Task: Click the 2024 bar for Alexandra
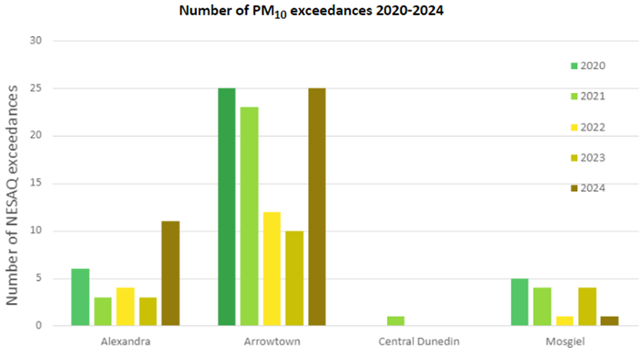pyautogui.click(x=170, y=274)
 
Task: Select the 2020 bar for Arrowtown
pyautogui.click(x=226, y=207)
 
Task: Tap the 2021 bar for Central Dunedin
pyautogui.click(x=395, y=321)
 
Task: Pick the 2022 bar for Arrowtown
pyautogui.click(x=272, y=269)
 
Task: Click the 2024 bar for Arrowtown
pyautogui.click(x=316, y=207)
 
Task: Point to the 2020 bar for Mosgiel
pyautogui.click(x=519, y=302)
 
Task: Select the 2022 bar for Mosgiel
pyautogui.click(x=564, y=321)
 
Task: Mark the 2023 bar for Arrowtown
pyautogui.click(x=294, y=278)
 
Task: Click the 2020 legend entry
pyautogui.click(x=587, y=65)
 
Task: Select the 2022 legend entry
pyautogui.click(x=587, y=127)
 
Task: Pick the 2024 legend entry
pyautogui.click(x=587, y=188)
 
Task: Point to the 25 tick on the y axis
pyautogui.click(x=35, y=88)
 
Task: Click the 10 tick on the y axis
pyautogui.click(x=35, y=231)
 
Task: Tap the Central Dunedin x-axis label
pyautogui.click(x=418, y=341)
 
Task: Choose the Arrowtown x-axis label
pyautogui.click(x=271, y=341)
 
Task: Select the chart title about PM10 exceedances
pyautogui.click(x=321, y=12)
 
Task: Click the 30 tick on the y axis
pyautogui.click(x=35, y=40)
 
